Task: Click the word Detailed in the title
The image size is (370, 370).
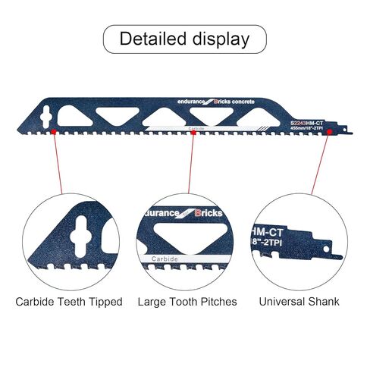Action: (x=153, y=39)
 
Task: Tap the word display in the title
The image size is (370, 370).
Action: (x=221, y=39)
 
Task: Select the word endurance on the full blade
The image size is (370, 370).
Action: (x=191, y=102)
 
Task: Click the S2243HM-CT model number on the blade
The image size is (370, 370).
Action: (x=306, y=124)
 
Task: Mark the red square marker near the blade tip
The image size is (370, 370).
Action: (x=54, y=132)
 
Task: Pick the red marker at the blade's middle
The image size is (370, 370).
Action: (x=193, y=132)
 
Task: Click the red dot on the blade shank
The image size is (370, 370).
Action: (x=330, y=132)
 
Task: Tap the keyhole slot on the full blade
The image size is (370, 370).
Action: (x=46, y=117)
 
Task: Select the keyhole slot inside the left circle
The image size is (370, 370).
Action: (x=81, y=237)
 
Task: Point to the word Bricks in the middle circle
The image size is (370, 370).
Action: (x=209, y=213)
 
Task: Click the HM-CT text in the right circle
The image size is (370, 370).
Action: (x=268, y=232)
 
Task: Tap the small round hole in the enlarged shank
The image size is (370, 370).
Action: (x=326, y=249)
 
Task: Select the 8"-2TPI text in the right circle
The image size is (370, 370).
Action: (x=268, y=242)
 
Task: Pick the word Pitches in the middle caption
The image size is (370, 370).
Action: (x=218, y=302)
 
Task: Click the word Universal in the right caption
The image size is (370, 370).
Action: (x=282, y=302)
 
